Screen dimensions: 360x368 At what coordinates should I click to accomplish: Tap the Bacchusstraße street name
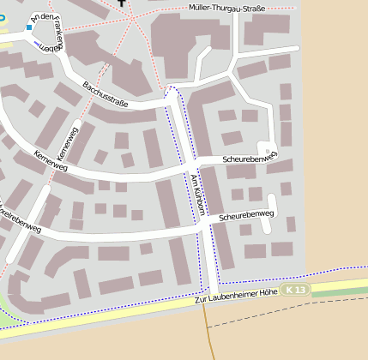tap(106, 94)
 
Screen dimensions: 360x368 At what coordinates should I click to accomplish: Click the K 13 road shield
tap(296, 291)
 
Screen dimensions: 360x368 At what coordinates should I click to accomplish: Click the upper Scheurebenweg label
tap(250, 159)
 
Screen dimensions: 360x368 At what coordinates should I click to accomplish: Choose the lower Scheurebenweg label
tap(246, 216)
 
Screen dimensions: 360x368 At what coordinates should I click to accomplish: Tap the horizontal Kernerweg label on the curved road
tap(50, 161)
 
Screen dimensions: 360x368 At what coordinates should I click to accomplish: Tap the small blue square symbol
tap(28, 27)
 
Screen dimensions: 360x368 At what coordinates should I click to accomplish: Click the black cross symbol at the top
tap(122, 3)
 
